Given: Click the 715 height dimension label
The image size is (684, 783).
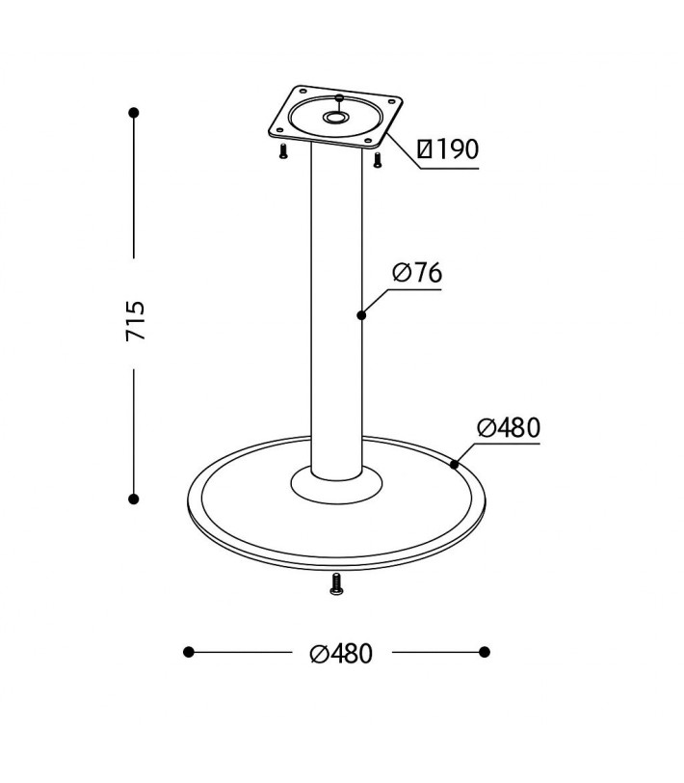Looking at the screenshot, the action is tap(136, 321).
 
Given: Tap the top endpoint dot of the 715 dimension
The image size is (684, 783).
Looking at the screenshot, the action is tap(134, 113).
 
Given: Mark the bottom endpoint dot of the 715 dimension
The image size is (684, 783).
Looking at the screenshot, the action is tap(134, 499).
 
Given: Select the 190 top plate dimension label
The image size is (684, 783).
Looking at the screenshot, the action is tap(448, 148).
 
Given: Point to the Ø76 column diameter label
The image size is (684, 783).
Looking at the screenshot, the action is tap(417, 273).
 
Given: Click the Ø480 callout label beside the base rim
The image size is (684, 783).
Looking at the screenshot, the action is tap(509, 427).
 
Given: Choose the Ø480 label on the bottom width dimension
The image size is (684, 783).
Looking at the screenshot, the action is tap(341, 653).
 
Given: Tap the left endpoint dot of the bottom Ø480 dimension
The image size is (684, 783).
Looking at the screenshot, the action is tap(189, 652).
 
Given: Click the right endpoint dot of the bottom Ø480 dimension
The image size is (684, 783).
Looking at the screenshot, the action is tap(484, 652).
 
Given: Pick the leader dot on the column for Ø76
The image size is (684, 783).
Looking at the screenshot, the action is tap(361, 315).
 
